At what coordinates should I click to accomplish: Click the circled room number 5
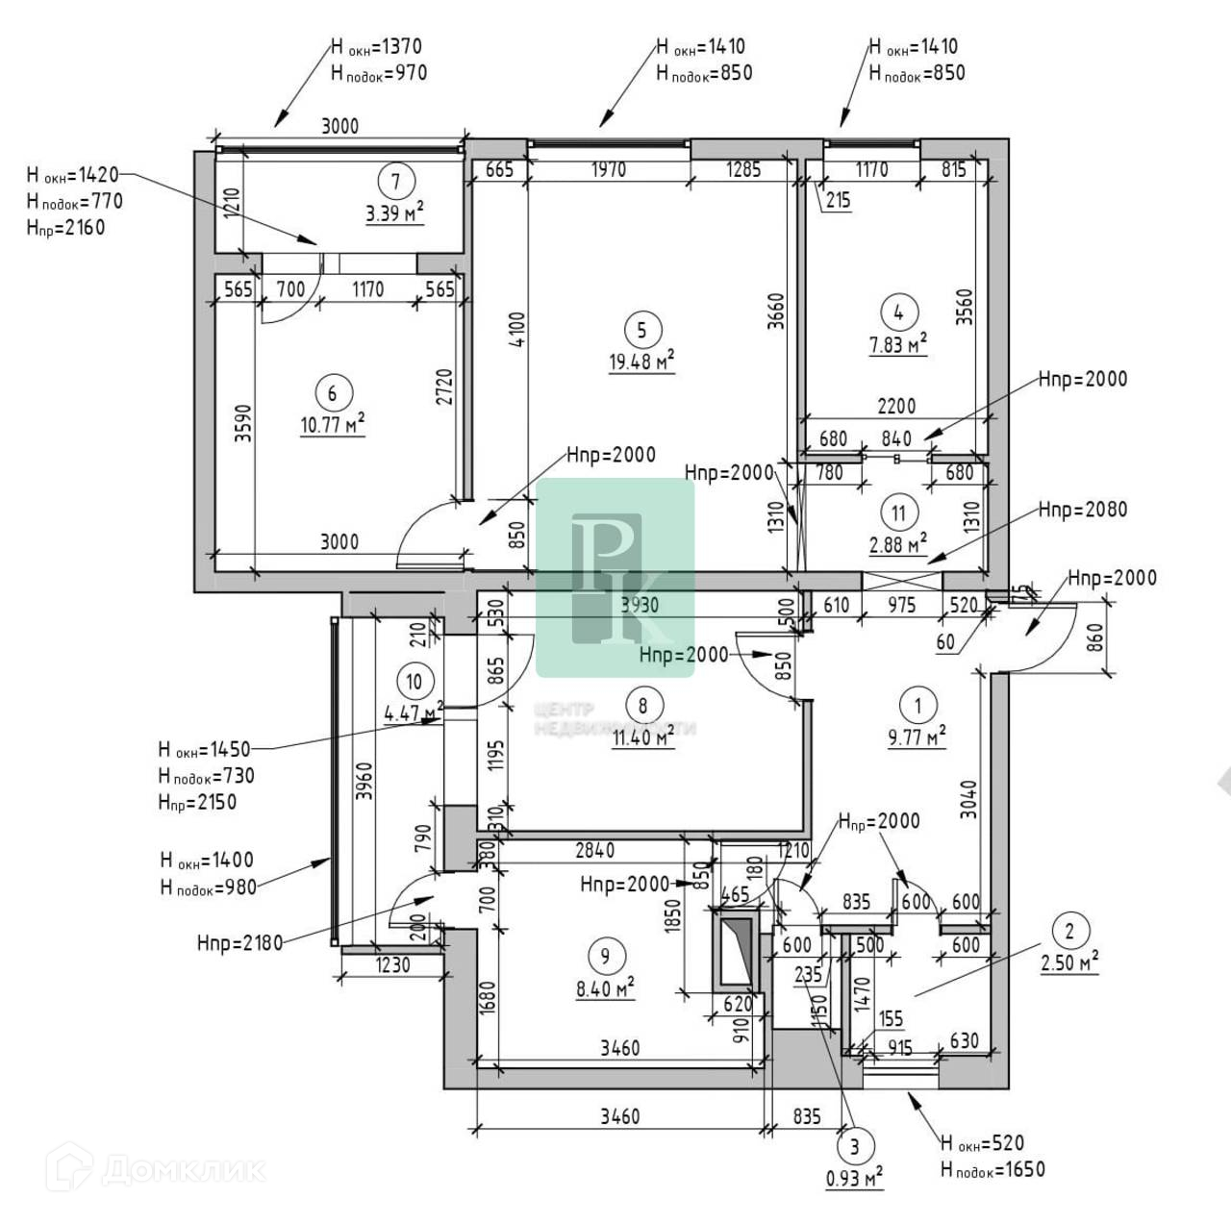[641, 330]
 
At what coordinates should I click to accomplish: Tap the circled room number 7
[395, 180]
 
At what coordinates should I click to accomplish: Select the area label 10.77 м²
[332, 424]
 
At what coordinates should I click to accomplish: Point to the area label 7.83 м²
[898, 344]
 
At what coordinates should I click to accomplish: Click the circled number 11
[898, 512]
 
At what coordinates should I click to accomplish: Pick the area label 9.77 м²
[917, 737]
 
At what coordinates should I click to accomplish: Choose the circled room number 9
[605, 956]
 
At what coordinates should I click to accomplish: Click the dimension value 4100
[517, 329]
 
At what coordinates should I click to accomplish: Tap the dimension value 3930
[640, 605]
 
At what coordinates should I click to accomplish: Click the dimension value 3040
[969, 799]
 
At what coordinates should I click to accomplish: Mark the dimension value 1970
[609, 170]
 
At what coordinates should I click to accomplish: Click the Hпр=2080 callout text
[1082, 510]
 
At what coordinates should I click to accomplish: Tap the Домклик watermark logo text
[183, 1169]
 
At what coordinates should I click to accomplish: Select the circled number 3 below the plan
[854, 1145]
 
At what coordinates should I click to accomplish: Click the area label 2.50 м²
[1069, 962]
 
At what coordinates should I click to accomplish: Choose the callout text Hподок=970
[378, 73]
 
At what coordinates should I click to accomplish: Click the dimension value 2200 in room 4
[896, 406]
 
